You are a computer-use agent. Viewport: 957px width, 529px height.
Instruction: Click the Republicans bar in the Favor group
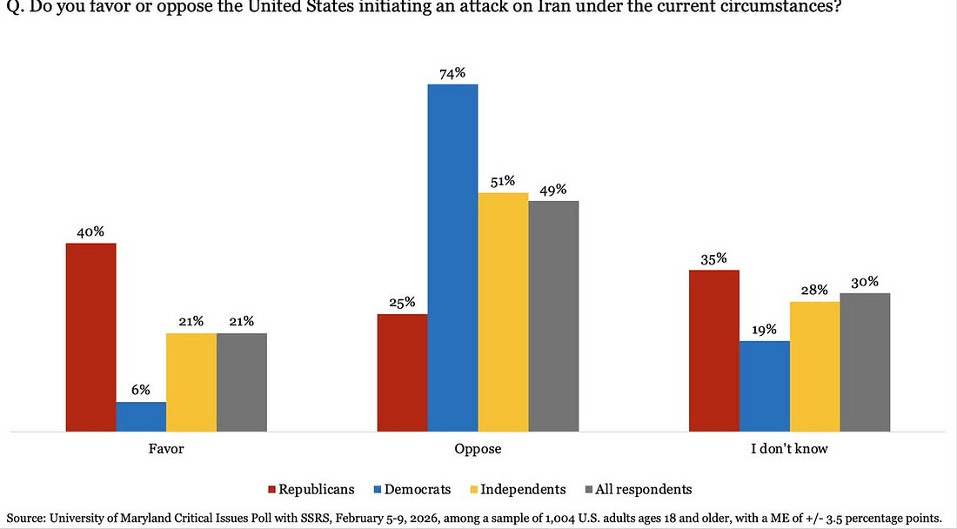coord(90,338)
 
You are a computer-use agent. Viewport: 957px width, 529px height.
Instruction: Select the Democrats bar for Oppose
coord(452,258)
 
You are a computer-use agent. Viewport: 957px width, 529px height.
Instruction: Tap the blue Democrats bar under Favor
coord(141,417)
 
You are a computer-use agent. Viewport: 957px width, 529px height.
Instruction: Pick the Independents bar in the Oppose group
coord(503,311)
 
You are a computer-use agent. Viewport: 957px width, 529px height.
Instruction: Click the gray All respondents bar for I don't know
coord(865,362)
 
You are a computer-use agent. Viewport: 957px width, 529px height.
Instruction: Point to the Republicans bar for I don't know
coord(713,351)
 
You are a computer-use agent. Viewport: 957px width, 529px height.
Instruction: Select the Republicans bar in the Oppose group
coord(402,372)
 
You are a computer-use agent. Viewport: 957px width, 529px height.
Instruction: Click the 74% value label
coord(452,71)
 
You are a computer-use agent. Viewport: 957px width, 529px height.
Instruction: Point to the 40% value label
coord(90,231)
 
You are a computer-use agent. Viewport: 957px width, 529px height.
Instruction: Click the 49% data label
coord(553,189)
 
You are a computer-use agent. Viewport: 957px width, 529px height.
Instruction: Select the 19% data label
coord(764,329)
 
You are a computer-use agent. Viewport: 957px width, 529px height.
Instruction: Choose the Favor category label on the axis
coord(166,450)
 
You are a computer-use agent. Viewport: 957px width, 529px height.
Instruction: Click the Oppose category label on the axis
coord(478,450)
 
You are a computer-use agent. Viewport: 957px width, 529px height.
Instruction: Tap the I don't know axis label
coord(789,450)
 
